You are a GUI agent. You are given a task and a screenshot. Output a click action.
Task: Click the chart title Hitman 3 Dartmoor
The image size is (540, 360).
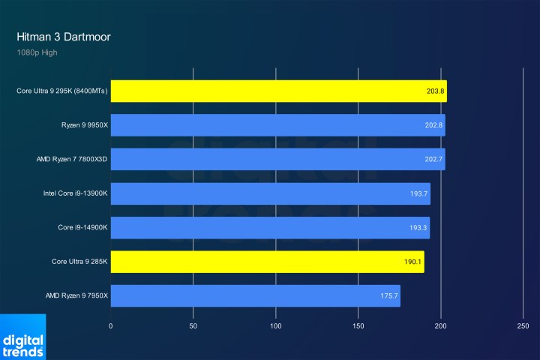[64, 36]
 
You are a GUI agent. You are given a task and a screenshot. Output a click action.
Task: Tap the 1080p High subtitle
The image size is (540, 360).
[37, 52]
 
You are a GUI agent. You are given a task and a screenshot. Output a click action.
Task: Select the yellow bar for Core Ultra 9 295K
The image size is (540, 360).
[278, 91]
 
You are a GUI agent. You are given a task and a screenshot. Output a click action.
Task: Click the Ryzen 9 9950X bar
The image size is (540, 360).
[277, 125]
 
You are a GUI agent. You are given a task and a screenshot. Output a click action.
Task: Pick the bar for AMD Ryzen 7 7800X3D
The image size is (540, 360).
[277, 159]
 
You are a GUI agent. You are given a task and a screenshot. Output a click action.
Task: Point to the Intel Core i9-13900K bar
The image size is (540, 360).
[270, 193]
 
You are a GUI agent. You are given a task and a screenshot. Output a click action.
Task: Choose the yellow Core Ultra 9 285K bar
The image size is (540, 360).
[267, 262]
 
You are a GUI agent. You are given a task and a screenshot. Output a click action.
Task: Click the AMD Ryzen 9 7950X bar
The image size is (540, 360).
[255, 295]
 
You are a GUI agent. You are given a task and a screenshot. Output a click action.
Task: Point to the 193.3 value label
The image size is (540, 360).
[418, 228]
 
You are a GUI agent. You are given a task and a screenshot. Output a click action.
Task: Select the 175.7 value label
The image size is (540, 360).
[388, 296]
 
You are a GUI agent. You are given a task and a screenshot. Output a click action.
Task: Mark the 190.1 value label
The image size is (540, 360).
[412, 262]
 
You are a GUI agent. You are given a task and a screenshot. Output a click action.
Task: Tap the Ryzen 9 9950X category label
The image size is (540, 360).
[85, 125]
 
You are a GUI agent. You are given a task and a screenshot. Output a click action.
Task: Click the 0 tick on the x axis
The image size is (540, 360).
[111, 326]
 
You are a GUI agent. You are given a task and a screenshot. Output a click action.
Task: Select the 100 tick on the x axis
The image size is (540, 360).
[276, 326]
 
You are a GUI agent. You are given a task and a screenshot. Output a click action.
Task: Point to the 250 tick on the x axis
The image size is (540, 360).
[523, 326]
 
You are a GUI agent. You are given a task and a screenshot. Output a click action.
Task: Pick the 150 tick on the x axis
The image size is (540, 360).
[358, 326]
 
